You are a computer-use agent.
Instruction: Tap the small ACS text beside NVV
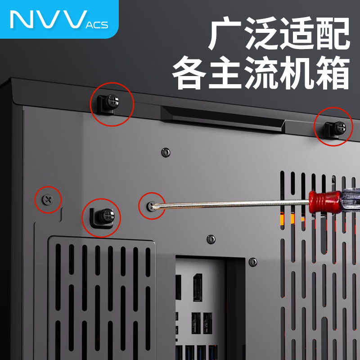tap(96, 24)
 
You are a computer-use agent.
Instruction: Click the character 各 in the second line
tap(189, 72)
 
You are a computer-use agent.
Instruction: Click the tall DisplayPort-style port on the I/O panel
tap(197, 286)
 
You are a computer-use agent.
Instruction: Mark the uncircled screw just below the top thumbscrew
tap(166, 152)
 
